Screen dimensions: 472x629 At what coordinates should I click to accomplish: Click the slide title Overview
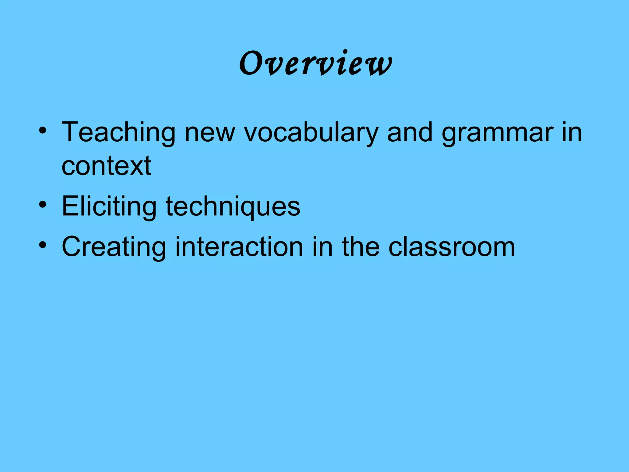point(315,63)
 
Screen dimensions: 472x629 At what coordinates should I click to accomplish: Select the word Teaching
point(119,133)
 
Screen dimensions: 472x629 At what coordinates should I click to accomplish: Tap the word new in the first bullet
point(210,133)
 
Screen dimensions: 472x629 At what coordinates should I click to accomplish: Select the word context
point(106,166)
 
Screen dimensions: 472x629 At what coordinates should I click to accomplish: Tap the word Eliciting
point(109,206)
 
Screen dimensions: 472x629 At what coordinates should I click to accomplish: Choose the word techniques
point(233,206)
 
